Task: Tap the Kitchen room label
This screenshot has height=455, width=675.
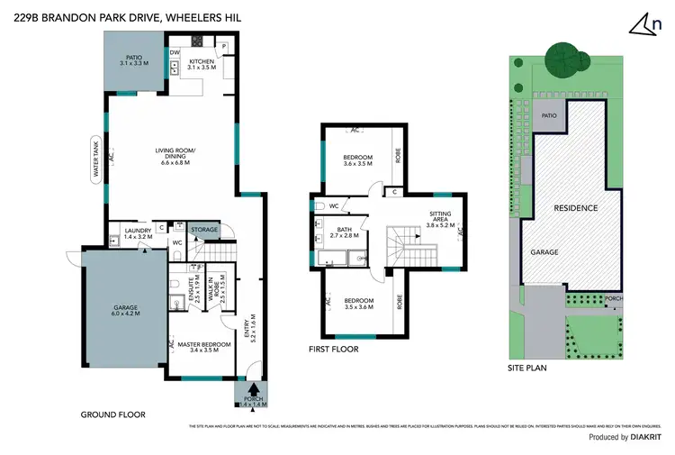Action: tap(202, 66)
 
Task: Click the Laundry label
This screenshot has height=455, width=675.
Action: tap(138, 233)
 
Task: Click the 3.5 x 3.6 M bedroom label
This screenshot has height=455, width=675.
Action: tap(357, 302)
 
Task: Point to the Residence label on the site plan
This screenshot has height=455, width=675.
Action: tap(574, 208)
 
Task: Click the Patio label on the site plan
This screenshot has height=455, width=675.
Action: tap(548, 116)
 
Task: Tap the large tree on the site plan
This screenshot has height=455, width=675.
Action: tap(564, 61)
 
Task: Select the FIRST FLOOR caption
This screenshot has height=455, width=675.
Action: tap(333, 349)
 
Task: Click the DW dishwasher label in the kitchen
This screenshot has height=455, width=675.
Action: tap(174, 52)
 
